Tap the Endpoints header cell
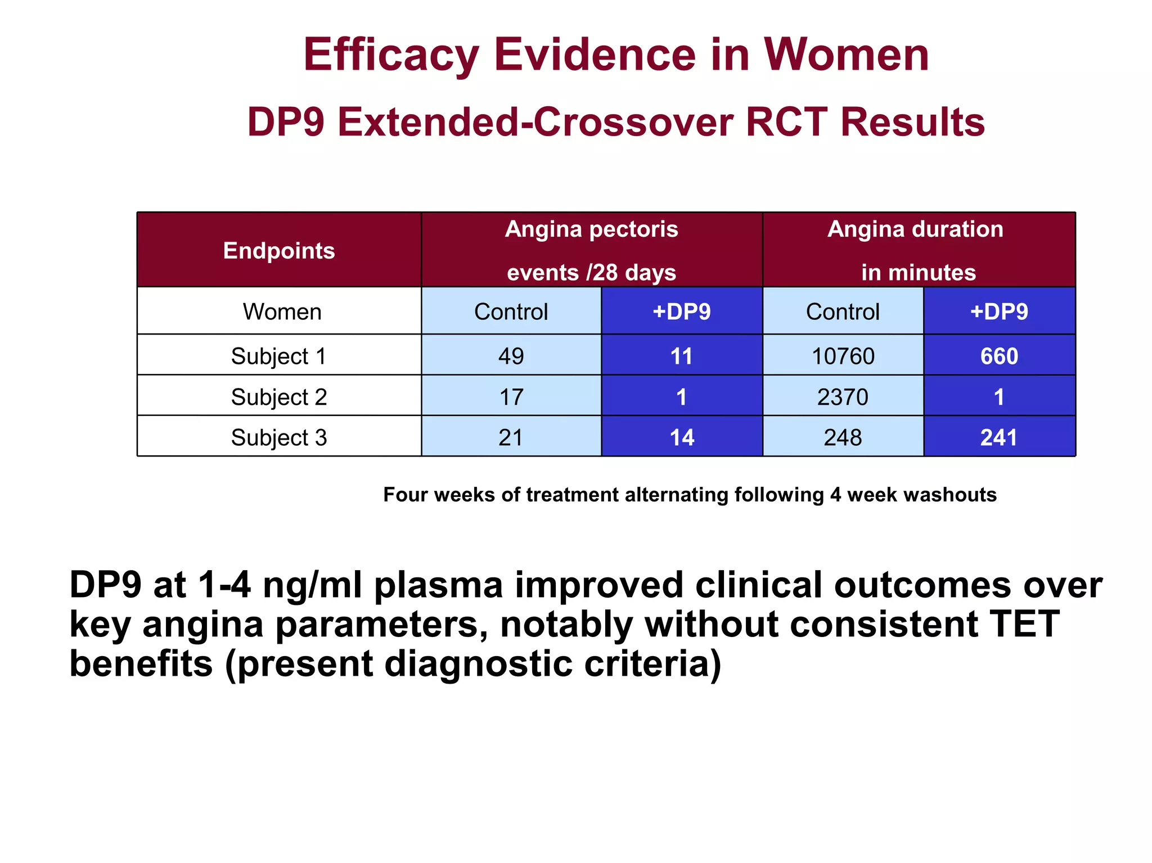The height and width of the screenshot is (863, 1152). pyautogui.click(x=279, y=250)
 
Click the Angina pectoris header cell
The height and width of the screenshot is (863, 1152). pyautogui.click(x=591, y=250)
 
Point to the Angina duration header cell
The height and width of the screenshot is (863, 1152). pyautogui.click(x=918, y=250)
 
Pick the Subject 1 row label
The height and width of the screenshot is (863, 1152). pyautogui.click(x=279, y=356)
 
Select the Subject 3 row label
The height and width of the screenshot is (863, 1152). pyautogui.click(x=279, y=437)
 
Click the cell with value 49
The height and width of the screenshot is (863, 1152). pyautogui.click(x=511, y=356)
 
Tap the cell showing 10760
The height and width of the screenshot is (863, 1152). pyautogui.click(x=843, y=356)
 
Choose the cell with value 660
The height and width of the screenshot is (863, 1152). pyautogui.click(x=999, y=356)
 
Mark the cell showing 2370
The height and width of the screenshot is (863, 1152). pyautogui.click(x=843, y=397)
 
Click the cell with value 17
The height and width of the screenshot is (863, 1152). pyautogui.click(x=511, y=397)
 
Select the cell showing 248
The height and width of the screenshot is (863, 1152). pyautogui.click(x=843, y=437)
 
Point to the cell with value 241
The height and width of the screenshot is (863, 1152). pyautogui.click(x=999, y=437)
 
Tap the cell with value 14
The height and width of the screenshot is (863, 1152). pyautogui.click(x=682, y=437)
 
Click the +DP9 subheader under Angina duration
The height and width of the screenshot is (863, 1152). pyautogui.click(x=999, y=311)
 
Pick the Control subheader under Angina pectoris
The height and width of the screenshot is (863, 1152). pyautogui.click(x=511, y=311)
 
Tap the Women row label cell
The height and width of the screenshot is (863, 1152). pyautogui.click(x=282, y=311)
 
